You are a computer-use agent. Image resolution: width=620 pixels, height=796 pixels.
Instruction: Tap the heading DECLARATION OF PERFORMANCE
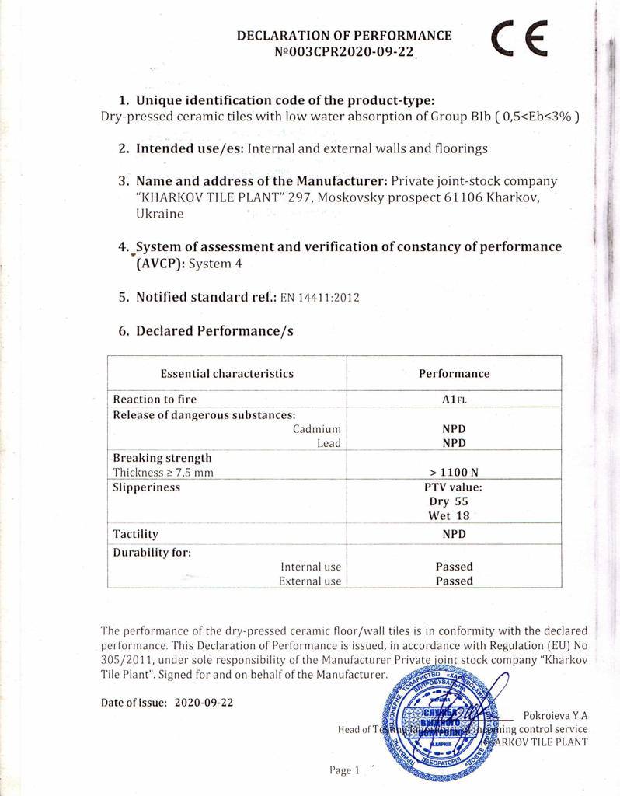[344, 35]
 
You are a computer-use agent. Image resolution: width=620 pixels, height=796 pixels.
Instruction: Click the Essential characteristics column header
[227, 373]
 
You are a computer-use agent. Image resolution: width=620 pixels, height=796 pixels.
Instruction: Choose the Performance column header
[454, 373]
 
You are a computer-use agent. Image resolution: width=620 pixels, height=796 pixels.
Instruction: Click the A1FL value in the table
[454, 400]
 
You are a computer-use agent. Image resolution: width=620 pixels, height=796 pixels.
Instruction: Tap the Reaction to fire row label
[155, 400]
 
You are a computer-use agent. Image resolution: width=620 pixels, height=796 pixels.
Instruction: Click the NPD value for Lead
[454, 443]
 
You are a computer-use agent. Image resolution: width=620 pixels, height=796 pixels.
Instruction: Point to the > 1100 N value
[454, 472]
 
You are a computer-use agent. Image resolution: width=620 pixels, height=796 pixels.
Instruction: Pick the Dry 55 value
[454, 501]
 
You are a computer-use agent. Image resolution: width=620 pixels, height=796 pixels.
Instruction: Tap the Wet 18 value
[454, 516]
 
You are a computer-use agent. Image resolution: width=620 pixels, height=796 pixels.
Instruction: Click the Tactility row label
[136, 534]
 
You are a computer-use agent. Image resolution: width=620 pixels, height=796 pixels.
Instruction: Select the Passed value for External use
[454, 581]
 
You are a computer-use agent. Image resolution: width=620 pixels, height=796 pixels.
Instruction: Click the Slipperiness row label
[147, 487]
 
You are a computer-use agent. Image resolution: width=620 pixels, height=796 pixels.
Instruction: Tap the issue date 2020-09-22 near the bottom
[204, 702]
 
